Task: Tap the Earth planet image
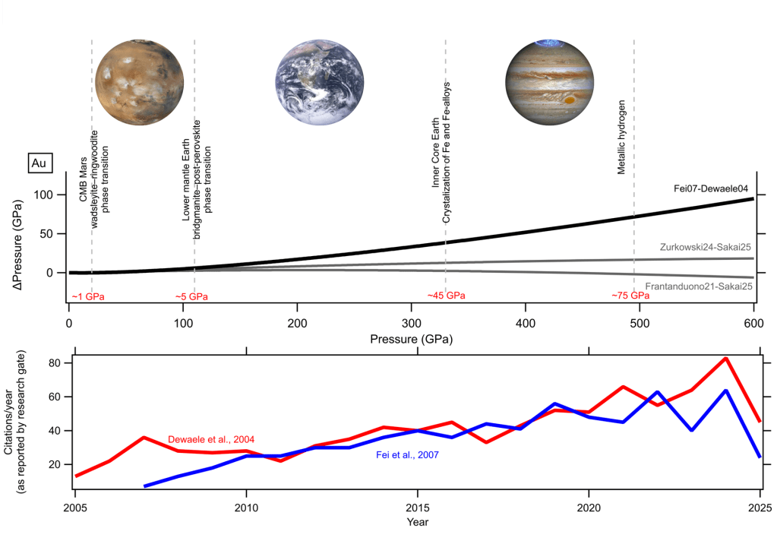click(319, 80)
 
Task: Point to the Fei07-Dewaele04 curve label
click(713, 187)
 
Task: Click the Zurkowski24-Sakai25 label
click(706, 248)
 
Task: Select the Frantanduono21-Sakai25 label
click(699, 286)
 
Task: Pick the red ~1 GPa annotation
click(88, 296)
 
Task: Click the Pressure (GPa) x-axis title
click(412, 338)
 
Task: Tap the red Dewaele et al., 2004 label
click(211, 439)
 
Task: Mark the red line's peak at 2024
click(726, 358)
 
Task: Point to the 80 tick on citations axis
click(55, 362)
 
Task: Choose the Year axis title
click(417, 522)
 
